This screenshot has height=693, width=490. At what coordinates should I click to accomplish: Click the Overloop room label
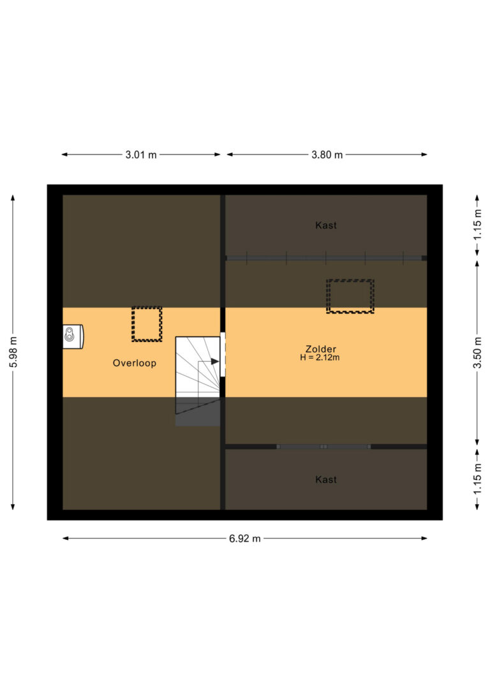point(135,363)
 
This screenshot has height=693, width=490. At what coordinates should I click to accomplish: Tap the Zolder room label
point(321,349)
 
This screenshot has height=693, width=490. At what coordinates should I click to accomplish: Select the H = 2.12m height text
point(320,357)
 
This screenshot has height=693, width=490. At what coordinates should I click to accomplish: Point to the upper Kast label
point(326,225)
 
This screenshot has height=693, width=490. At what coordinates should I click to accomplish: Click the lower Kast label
point(326,479)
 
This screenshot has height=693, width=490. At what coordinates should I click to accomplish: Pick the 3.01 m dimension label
point(141,154)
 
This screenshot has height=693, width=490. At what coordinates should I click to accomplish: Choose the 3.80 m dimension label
point(327,154)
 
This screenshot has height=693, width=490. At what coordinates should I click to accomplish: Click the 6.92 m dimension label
point(245,539)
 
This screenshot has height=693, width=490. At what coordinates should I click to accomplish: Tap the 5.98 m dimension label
point(13,352)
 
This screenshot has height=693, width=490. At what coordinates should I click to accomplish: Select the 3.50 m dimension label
point(477,352)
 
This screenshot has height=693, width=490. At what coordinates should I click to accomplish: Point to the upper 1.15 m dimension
point(477,225)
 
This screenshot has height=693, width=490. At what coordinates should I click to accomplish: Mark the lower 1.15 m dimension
point(477,479)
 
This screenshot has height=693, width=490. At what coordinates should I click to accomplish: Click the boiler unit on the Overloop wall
point(73,337)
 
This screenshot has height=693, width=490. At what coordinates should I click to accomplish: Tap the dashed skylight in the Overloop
point(147,324)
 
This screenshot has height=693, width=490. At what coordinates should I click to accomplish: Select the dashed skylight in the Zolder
point(350,296)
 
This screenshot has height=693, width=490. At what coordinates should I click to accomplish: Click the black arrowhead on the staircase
point(215,362)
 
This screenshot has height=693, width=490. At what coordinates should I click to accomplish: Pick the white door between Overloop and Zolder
point(223,354)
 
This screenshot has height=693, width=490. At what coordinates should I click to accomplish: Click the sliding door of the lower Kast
point(323,447)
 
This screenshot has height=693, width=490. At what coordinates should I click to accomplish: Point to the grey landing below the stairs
point(198,412)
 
